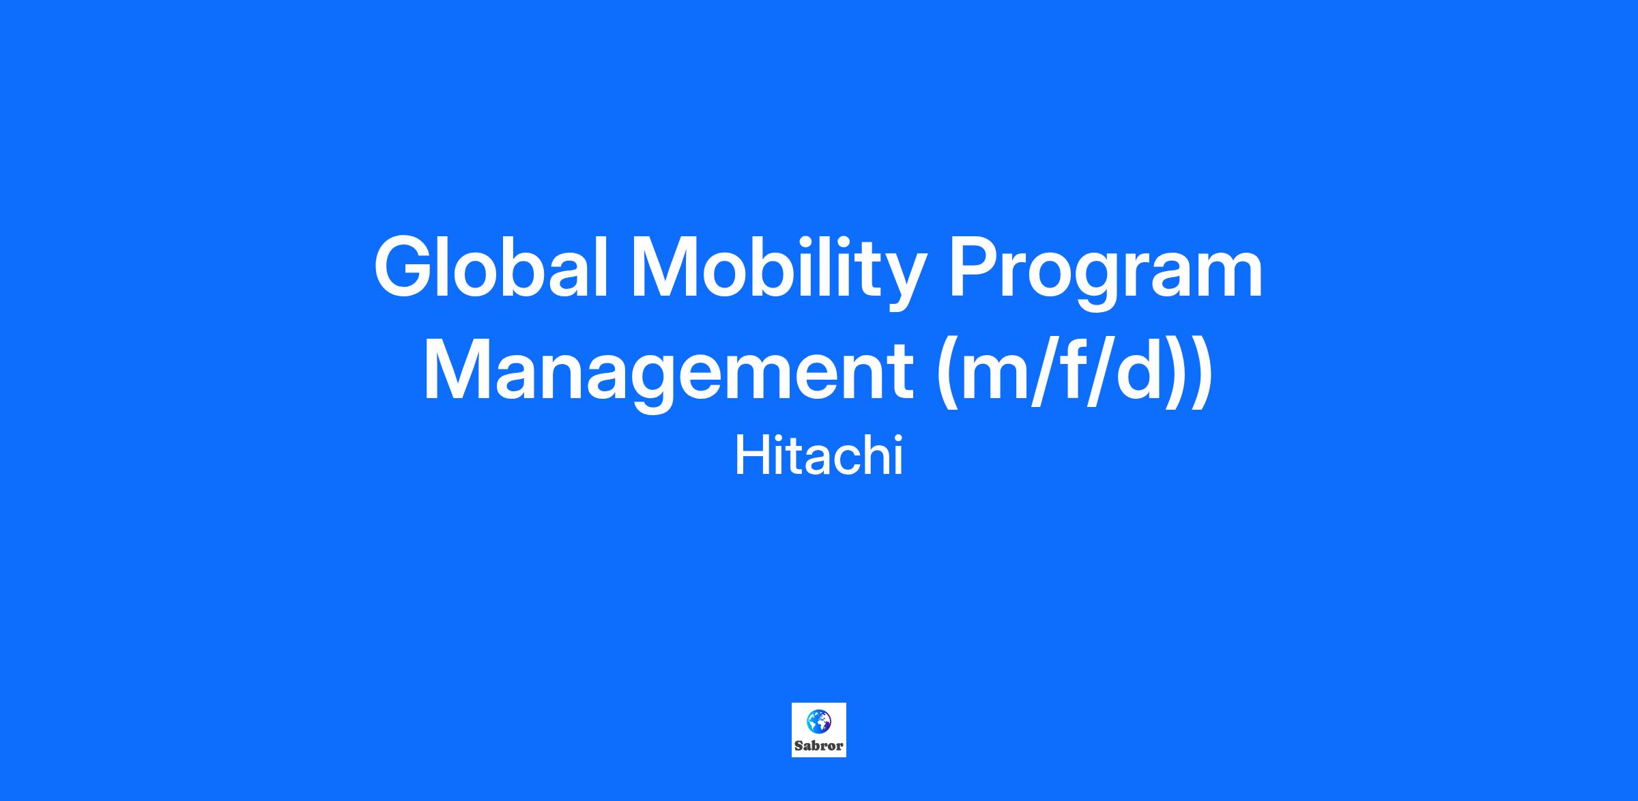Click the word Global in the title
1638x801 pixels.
coord(491,267)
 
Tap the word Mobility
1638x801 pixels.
coord(778,272)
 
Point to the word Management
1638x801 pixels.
coord(669,375)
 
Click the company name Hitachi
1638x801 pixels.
coord(819,455)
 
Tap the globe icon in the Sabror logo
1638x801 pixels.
coord(818,720)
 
